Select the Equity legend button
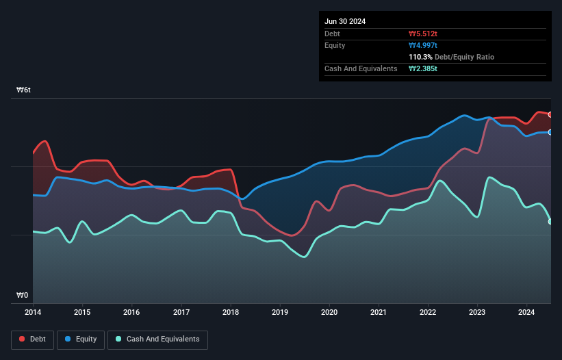(x=81, y=339)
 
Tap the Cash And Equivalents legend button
(x=157, y=339)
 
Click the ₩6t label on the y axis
(x=24, y=90)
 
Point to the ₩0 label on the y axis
(x=23, y=296)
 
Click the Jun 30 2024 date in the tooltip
(x=345, y=21)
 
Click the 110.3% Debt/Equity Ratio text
(x=451, y=57)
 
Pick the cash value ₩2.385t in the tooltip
(x=424, y=69)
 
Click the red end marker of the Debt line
(x=550, y=114)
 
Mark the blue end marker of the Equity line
(x=550, y=132)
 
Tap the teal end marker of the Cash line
(x=550, y=221)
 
